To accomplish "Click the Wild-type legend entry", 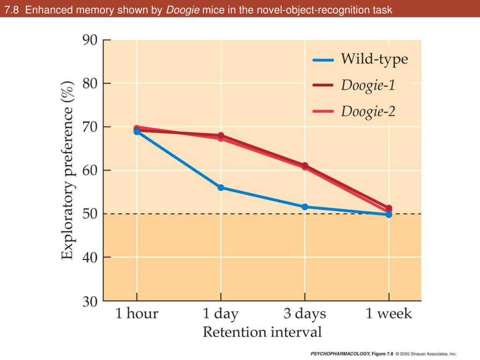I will [x=374, y=60].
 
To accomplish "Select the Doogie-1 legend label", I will [x=367, y=85].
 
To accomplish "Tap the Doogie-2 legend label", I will [x=367, y=112].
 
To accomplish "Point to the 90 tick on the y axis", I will [x=90, y=40].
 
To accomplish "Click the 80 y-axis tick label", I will [x=90, y=83].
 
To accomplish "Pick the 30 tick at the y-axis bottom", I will [x=90, y=301].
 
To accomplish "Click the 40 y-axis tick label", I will [x=90, y=257].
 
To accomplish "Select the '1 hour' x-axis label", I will [x=137, y=314].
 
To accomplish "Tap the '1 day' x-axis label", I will [x=220, y=314].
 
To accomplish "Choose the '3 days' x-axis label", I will [x=305, y=314].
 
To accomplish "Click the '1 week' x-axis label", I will [x=389, y=314].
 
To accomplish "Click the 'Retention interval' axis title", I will [x=262, y=332].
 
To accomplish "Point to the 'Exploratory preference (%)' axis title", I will [x=67, y=170].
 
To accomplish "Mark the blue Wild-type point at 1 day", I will [x=221, y=187].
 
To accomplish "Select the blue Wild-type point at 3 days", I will [x=305, y=207].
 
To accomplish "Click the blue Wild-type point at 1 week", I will [x=389, y=214].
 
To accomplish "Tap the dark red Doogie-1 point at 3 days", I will [x=305, y=165].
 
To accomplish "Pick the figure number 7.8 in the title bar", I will [x=13, y=9].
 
